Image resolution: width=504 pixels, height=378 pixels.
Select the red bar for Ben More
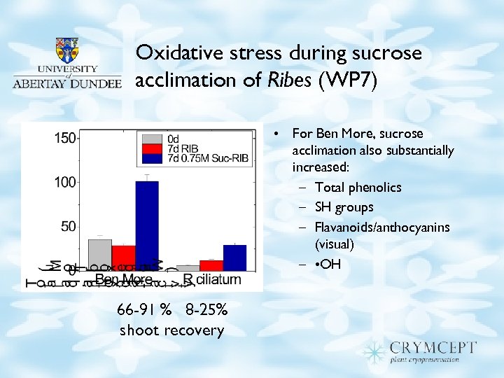click(123, 258)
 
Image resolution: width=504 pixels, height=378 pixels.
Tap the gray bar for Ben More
click(100, 255)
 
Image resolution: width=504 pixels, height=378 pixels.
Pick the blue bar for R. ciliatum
click(234, 257)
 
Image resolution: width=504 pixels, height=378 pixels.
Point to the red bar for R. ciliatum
click(211, 265)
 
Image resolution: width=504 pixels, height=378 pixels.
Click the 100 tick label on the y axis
click(66, 182)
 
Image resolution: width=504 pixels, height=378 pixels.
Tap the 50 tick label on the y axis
click(69, 226)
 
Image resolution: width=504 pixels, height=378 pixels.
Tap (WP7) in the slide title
click(348, 80)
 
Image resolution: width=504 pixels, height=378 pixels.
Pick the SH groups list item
click(344, 207)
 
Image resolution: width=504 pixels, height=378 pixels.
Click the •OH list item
click(328, 265)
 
